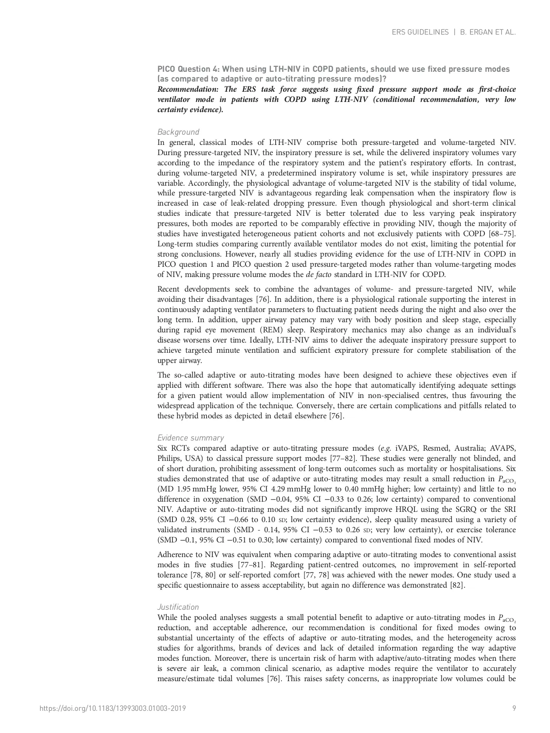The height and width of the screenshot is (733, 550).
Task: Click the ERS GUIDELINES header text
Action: (420, 32)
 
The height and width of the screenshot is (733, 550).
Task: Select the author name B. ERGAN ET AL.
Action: (488, 32)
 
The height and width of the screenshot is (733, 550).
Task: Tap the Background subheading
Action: (178, 132)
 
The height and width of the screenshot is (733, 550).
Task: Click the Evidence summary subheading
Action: (191, 438)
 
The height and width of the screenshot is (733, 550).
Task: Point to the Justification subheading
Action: (178, 607)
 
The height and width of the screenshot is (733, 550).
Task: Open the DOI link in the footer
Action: (113, 708)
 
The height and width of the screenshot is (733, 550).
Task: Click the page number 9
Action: (514, 708)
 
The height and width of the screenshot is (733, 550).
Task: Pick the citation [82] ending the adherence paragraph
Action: (457, 585)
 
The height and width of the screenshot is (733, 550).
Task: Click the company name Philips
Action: (168, 458)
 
